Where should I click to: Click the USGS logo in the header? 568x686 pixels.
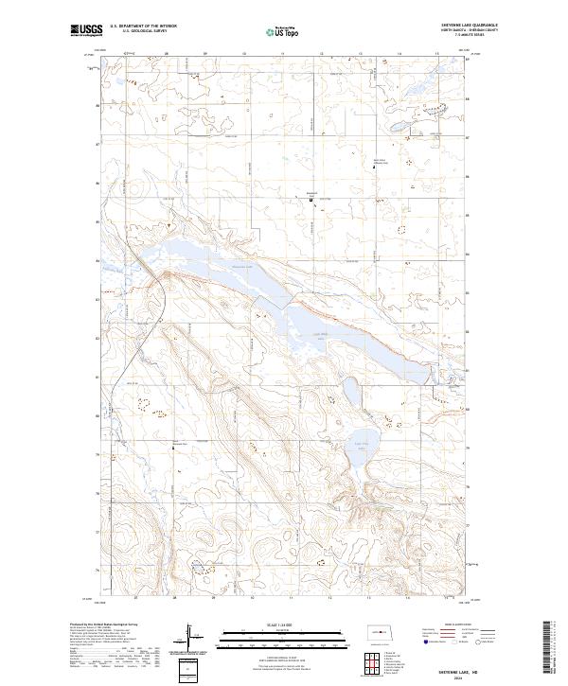[x=82, y=30]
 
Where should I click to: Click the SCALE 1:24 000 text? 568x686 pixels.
[x=283, y=624]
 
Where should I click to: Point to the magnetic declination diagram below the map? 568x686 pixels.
[x=192, y=636]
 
